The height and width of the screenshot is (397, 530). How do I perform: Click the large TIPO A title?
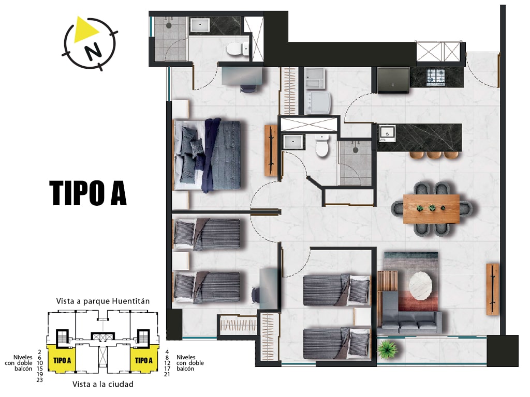[x=88, y=193]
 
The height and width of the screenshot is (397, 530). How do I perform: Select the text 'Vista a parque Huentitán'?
[x=103, y=301]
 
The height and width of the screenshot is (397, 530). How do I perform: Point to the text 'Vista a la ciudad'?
[x=103, y=384]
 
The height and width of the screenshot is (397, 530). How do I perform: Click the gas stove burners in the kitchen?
[x=436, y=77]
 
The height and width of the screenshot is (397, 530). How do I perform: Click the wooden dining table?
[x=432, y=209]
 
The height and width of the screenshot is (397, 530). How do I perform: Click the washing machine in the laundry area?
[x=317, y=102]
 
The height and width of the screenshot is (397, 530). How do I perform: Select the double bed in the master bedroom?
[x=207, y=156]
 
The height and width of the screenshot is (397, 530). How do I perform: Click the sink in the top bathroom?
[x=200, y=25]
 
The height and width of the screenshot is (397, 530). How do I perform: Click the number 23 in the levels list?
[x=39, y=380]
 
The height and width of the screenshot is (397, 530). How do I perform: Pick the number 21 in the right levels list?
[x=167, y=374]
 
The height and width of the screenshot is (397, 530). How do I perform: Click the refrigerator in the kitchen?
[x=393, y=80]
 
